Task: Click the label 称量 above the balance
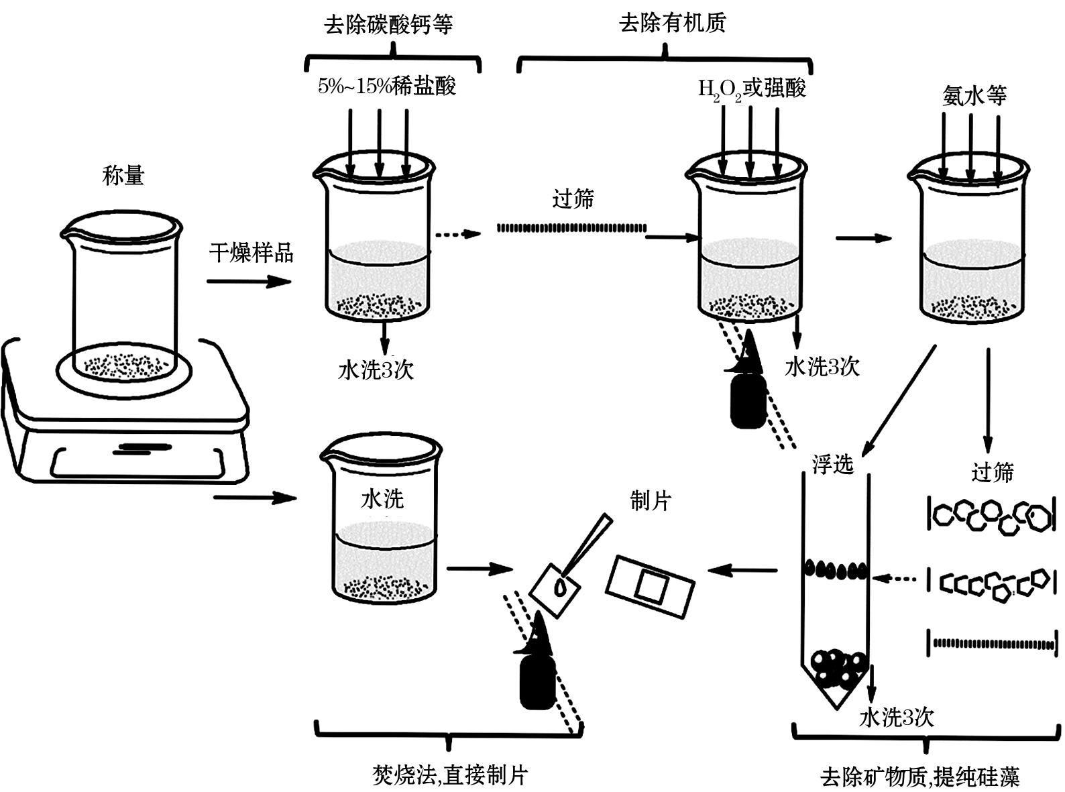point(123,176)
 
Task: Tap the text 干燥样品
point(251,253)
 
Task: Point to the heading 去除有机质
point(673,22)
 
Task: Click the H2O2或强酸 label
point(752,89)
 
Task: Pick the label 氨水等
point(974,96)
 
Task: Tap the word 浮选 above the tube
point(833,464)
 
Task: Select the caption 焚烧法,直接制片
point(450,775)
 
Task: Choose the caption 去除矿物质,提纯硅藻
point(919,777)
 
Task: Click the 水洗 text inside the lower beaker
point(382,498)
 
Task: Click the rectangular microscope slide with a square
point(650,586)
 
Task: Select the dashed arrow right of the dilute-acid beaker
point(458,234)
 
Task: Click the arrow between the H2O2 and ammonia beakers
point(864,237)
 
